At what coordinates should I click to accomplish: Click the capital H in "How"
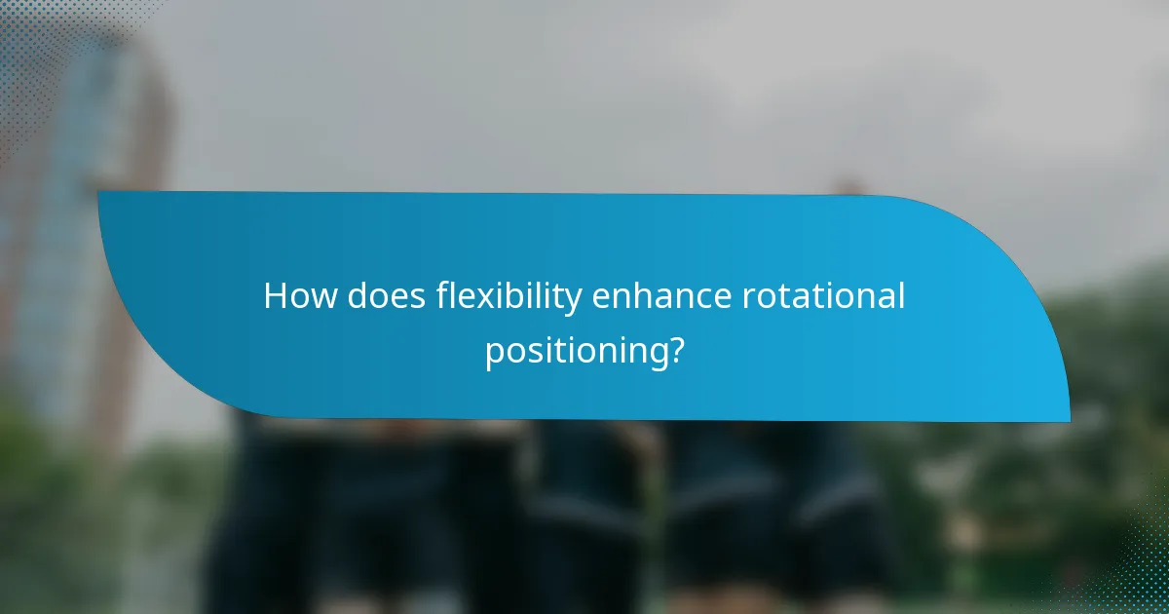[x=276, y=296]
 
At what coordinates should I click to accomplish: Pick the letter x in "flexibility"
[x=481, y=297]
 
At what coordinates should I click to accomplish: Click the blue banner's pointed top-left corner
[x=99, y=192]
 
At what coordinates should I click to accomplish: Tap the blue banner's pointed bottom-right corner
[x=1069, y=420]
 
